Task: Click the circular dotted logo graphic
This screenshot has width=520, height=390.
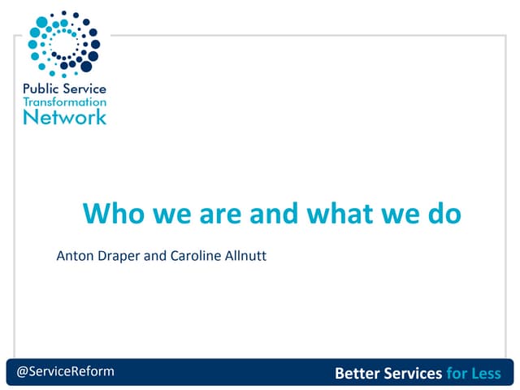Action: click(63, 43)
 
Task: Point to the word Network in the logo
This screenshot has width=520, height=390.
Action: click(65, 117)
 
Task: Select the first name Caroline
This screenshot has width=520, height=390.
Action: click(194, 257)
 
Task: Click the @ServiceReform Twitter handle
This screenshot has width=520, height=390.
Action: click(66, 371)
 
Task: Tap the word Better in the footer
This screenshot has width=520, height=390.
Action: click(358, 374)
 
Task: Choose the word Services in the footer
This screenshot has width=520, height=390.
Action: click(414, 374)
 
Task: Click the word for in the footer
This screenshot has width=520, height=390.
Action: click(457, 374)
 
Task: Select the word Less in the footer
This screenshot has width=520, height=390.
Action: click(487, 374)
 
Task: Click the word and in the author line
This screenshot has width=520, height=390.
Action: click(155, 257)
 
